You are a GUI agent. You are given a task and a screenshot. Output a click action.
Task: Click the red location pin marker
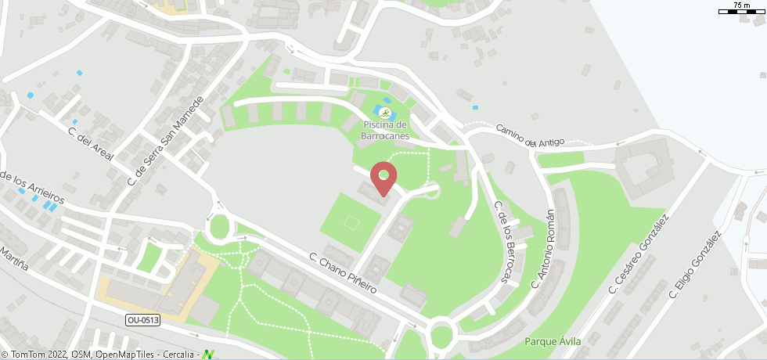click(x=383, y=176)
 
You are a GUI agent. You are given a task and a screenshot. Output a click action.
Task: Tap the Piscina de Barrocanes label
click(x=385, y=130)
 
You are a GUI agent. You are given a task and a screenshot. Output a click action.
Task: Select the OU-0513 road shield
click(x=142, y=319)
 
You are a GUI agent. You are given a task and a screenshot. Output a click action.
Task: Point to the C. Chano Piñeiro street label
click(x=343, y=272)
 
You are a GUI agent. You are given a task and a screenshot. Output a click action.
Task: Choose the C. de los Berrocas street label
click(x=506, y=243)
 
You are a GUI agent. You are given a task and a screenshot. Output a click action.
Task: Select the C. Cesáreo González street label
click(x=639, y=255)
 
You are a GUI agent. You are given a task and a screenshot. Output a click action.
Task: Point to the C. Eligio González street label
click(x=693, y=265)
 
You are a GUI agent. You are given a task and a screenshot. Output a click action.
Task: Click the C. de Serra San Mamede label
click(x=164, y=141)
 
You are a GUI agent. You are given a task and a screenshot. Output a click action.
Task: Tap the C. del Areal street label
click(x=91, y=144)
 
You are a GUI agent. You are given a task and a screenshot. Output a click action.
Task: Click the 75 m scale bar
click(x=740, y=9)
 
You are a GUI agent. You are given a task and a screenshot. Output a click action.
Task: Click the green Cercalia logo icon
click(x=208, y=355)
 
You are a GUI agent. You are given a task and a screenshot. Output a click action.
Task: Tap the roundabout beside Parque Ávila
click(x=442, y=335)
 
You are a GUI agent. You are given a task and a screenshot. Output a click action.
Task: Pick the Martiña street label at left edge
click(x=13, y=261)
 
